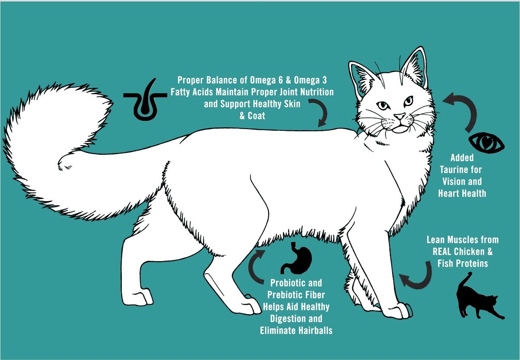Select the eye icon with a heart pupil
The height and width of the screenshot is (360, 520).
click(486, 143)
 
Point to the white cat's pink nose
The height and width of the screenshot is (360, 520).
click(400, 116)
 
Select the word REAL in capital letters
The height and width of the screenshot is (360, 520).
click(441, 252)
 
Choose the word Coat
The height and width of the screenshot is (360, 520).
click(256, 116)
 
